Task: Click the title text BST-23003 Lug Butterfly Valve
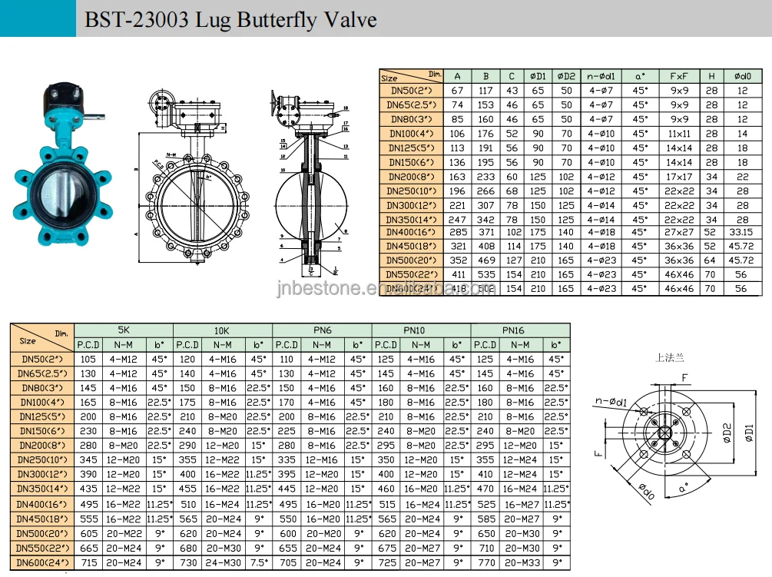tap(230, 18)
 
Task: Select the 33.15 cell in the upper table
tap(741, 232)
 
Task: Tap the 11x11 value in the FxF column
tap(679, 134)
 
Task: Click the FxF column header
tap(679, 76)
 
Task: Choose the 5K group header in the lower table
tap(124, 330)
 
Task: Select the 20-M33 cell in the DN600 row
tap(521, 563)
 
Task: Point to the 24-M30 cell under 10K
tap(223, 563)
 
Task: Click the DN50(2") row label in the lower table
tap(42, 359)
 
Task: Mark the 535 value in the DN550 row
tap(485, 274)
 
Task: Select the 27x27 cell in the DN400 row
tap(679, 232)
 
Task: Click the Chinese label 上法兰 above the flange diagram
tap(669, 358)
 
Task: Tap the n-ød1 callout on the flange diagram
tap(608, 401)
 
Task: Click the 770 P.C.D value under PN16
tap(485, 563)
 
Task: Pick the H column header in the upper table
tap(712, 76)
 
